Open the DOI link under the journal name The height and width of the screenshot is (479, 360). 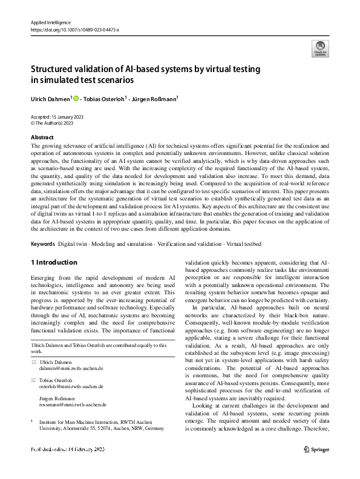76,29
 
